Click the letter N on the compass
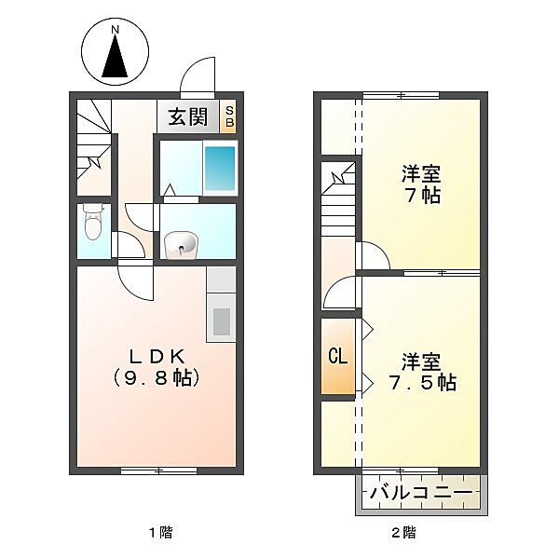[x=115, y=30]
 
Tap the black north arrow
[x=115, y=56]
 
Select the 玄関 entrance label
[x=188, y=116]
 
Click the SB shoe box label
[x=229, y=116]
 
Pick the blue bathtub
[x=220, y=168]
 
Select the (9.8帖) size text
[x=156, y=378]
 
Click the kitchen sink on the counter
[x=221, y=321]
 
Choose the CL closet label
[x=337, y=356]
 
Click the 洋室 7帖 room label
[x=421, y=184]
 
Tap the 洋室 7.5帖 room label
[x=422, y=372]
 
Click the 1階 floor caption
[x=161, y=533]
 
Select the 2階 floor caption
[x=404, y=533]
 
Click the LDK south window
[x=159, y=470]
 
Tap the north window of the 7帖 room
[x=401, y=95]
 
